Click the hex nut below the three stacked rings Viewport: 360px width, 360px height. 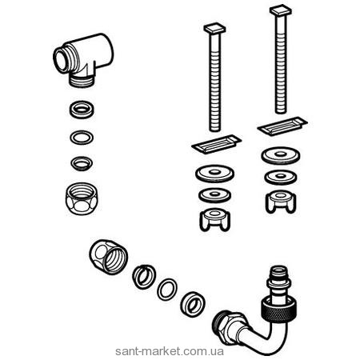point(82,198)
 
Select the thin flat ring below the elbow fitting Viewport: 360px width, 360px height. point(82,138)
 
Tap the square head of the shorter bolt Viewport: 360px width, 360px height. point(214,28)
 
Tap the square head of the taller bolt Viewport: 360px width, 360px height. point(281,10)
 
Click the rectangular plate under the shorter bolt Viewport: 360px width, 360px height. point(217,144)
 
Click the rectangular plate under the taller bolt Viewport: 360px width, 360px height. point(282,126)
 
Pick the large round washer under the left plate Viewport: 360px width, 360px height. point(214,174)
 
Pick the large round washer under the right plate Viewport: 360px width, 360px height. point(281,156)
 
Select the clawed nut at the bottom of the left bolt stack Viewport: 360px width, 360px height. point(214,219)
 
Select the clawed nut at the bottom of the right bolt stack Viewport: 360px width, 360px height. point(281,202)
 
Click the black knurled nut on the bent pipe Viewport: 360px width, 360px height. point(278,310)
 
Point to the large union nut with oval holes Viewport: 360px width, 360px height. point(109,257)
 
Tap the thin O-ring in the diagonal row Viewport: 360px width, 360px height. point(167,290)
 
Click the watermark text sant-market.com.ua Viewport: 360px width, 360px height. point(169,351)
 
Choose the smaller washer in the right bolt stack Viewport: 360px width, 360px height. point(281,178)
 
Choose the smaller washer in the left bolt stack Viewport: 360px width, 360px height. point(214,195)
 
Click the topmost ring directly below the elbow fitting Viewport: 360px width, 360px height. point(82,110)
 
